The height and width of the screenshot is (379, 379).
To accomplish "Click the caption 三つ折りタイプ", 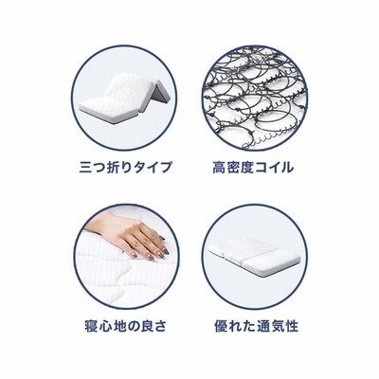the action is pos(126,167).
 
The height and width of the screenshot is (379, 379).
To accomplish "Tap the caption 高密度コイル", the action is pos(253,167).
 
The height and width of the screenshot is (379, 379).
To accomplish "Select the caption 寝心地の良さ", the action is pos(126,326).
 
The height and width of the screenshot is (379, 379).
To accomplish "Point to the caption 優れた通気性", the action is pos(257,326).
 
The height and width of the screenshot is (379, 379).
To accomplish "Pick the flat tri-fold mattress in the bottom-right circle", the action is pos(254,256).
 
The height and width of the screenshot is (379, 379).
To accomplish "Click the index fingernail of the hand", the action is pos(165,251).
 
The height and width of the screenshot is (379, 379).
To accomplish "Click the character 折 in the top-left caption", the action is pos(114,167).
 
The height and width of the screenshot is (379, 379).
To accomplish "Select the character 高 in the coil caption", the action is pos(219,167).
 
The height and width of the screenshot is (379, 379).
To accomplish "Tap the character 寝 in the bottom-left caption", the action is pos(92,326).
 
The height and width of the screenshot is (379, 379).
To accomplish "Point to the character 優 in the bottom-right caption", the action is pos(222,326).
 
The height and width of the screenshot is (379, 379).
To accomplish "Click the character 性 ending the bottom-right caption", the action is pos(292,326).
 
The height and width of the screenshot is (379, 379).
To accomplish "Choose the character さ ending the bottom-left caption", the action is pos(160,326).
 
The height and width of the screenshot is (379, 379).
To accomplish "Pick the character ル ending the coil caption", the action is pos(287,167).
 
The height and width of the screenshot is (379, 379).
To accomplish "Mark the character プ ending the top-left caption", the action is pos(166,167).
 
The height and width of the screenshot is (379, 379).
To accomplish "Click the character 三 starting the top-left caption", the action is pos(86,167).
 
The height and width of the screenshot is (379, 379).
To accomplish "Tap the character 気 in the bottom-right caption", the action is pos(278,326).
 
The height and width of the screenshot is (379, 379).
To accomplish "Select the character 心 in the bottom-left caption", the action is pos(105,326).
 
